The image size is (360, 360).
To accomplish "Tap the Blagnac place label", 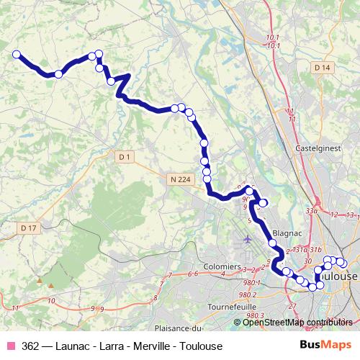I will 286,233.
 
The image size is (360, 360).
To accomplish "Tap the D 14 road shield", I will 322,68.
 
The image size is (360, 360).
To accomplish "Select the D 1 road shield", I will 125,156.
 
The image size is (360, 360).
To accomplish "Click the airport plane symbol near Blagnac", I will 248,238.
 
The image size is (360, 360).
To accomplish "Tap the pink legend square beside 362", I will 11,346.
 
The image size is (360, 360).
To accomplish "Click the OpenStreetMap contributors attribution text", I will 296,322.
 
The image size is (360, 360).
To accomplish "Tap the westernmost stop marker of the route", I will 16,54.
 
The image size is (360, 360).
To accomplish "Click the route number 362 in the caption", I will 30,346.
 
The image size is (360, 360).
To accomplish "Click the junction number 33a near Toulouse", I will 311,211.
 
